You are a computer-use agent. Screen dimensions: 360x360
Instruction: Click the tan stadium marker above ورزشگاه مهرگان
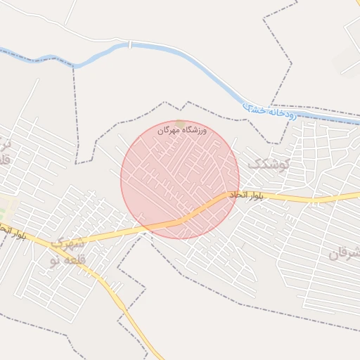click(181, 123)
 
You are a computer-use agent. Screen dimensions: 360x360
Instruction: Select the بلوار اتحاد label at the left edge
click(13, 231)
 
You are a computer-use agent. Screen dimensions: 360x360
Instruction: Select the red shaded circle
click(179, 179)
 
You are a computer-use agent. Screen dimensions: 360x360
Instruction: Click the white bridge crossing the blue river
click(129, 44)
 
